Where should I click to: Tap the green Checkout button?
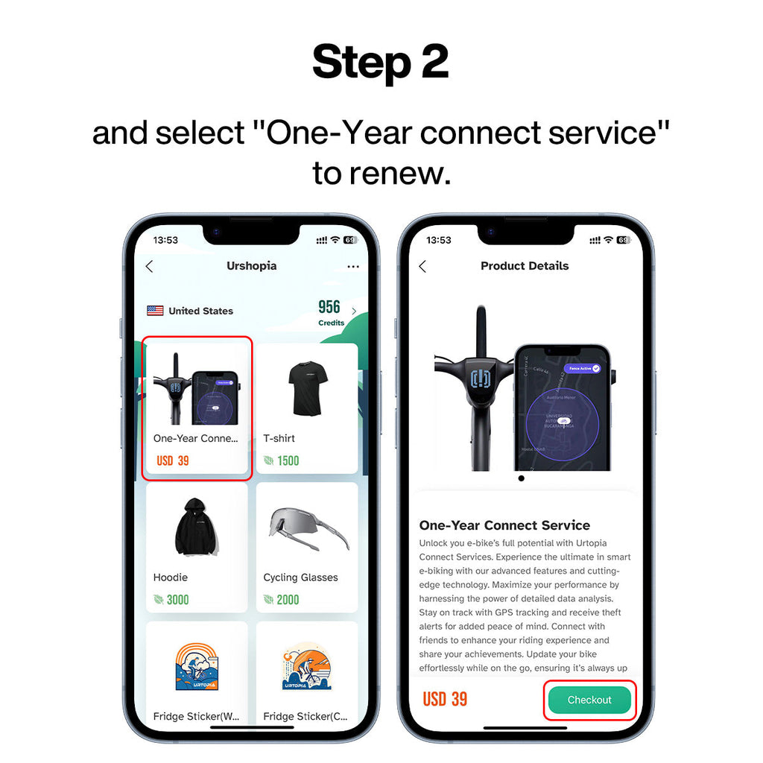589,700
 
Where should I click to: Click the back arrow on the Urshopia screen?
149,266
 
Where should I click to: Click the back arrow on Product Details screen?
422,266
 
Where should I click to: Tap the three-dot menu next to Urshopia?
353,267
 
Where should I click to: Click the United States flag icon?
155,311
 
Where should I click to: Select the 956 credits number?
329,307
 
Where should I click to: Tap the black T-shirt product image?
308,389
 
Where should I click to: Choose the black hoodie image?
197,527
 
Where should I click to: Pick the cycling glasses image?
308,528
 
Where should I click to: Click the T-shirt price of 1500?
288,460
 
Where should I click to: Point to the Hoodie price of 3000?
177,600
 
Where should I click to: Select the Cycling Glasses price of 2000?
288,600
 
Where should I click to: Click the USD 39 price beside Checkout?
445,699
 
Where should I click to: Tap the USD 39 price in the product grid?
173,460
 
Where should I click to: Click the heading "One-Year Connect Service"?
504,525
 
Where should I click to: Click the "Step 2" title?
381,62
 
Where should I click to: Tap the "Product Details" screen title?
525,266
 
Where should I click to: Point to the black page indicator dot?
521,478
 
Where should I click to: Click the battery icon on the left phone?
350,240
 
